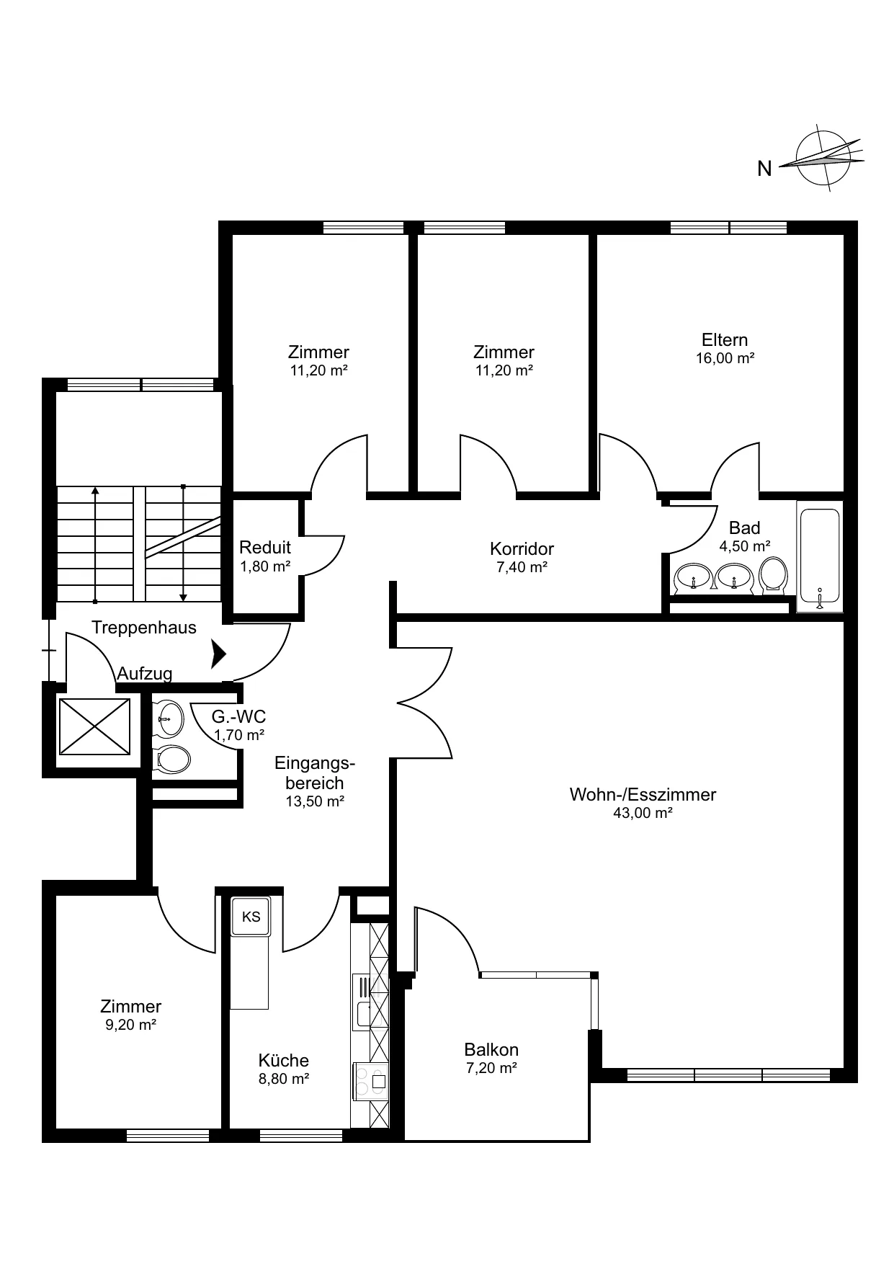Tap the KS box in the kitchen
click(250, 916)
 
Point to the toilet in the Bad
click(774, 575)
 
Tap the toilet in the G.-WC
click(171, 760)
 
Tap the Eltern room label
click(725, 339)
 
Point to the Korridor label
click(522, 548)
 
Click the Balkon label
click(491, 1049)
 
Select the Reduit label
click(265, 547)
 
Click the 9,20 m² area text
click(131, 1025)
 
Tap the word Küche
click(284, 1060)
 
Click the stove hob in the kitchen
click(369, 1081)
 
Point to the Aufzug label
click(145, 674)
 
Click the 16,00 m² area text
click(725, 358)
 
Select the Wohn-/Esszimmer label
click(643, 794)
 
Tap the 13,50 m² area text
click(315, 801)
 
